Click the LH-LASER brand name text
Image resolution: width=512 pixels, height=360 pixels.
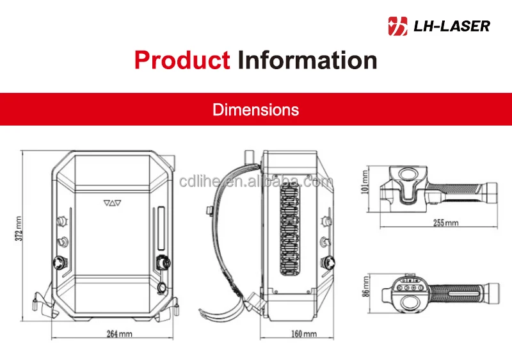click(452, 26)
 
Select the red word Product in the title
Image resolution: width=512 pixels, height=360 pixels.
click(182, 60)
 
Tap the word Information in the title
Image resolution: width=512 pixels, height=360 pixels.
click(307, 60)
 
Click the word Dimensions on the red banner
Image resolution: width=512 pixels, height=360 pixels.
click(255, 110)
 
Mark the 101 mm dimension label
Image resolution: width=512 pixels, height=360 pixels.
click(365, 183)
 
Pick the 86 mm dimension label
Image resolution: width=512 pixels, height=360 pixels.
click(365, 286)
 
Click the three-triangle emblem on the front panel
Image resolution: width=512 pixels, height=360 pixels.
click(112, 203)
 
